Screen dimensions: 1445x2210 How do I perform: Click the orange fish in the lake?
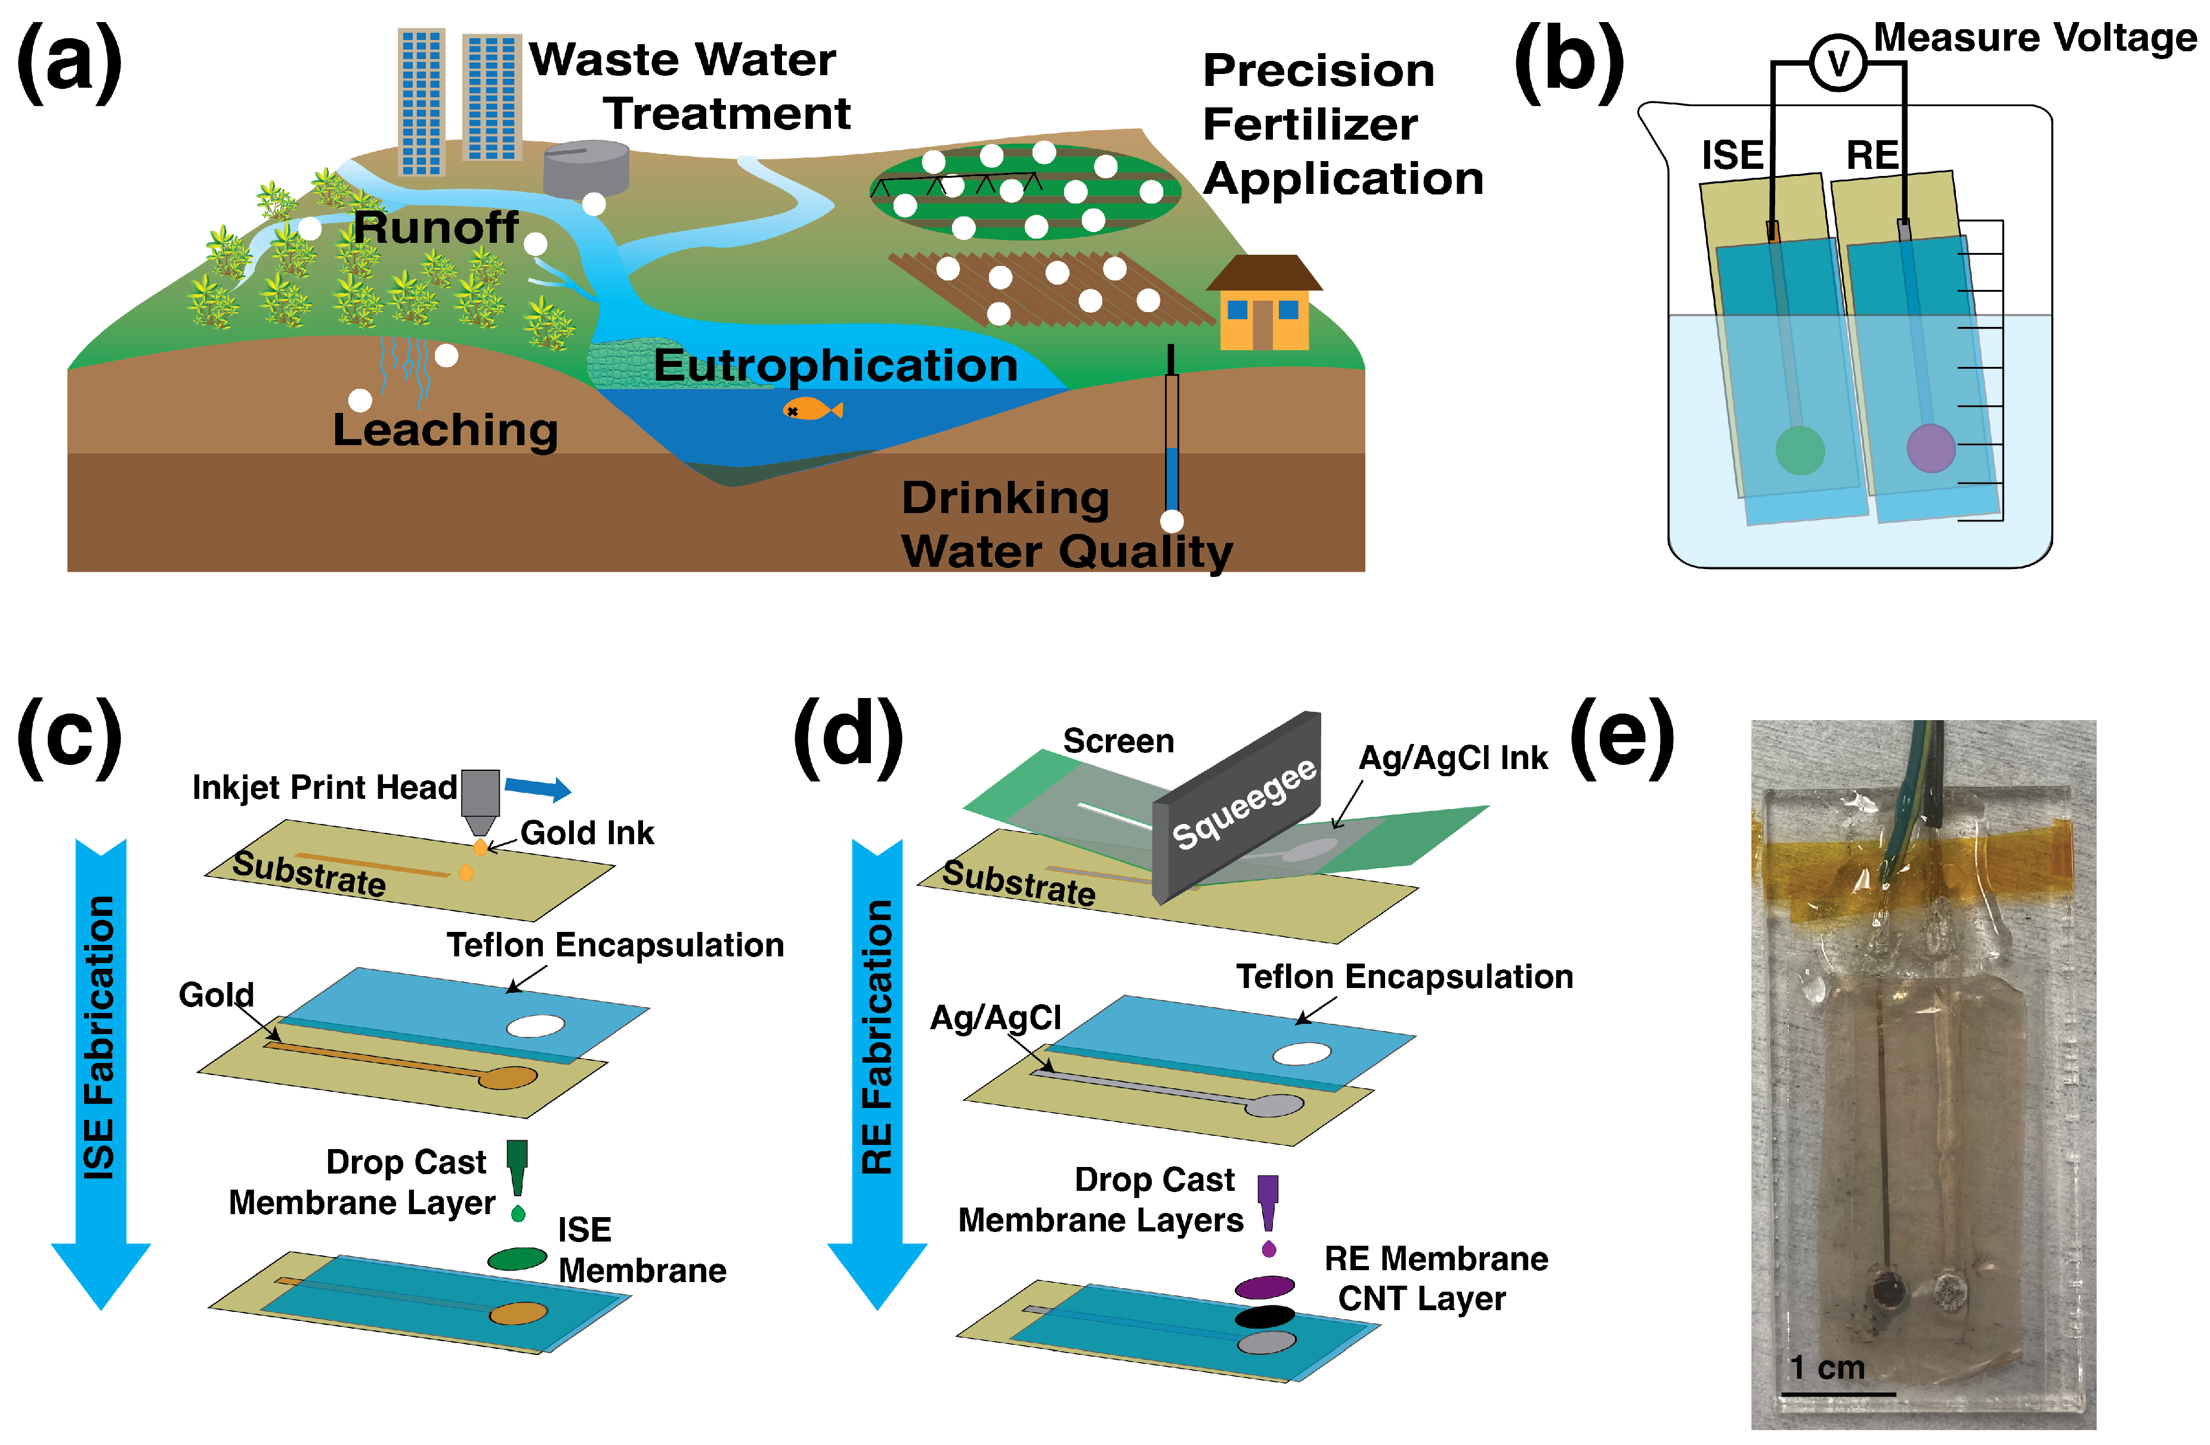click(812, 409)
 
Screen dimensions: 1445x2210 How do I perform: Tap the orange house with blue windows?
click(1263, 307)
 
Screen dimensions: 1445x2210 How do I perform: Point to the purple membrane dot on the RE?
click(1931, 447)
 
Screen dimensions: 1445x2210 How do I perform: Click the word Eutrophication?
click(836, 365)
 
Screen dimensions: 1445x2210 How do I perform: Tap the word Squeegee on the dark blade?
click(1244, 804)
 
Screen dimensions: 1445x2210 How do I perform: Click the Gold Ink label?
click(587, 833)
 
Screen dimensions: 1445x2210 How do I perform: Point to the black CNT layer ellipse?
click(1264, 1316)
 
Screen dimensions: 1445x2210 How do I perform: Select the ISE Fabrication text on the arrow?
click(100, 1038)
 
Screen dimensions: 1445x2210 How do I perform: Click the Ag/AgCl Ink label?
click(1453, 758)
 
